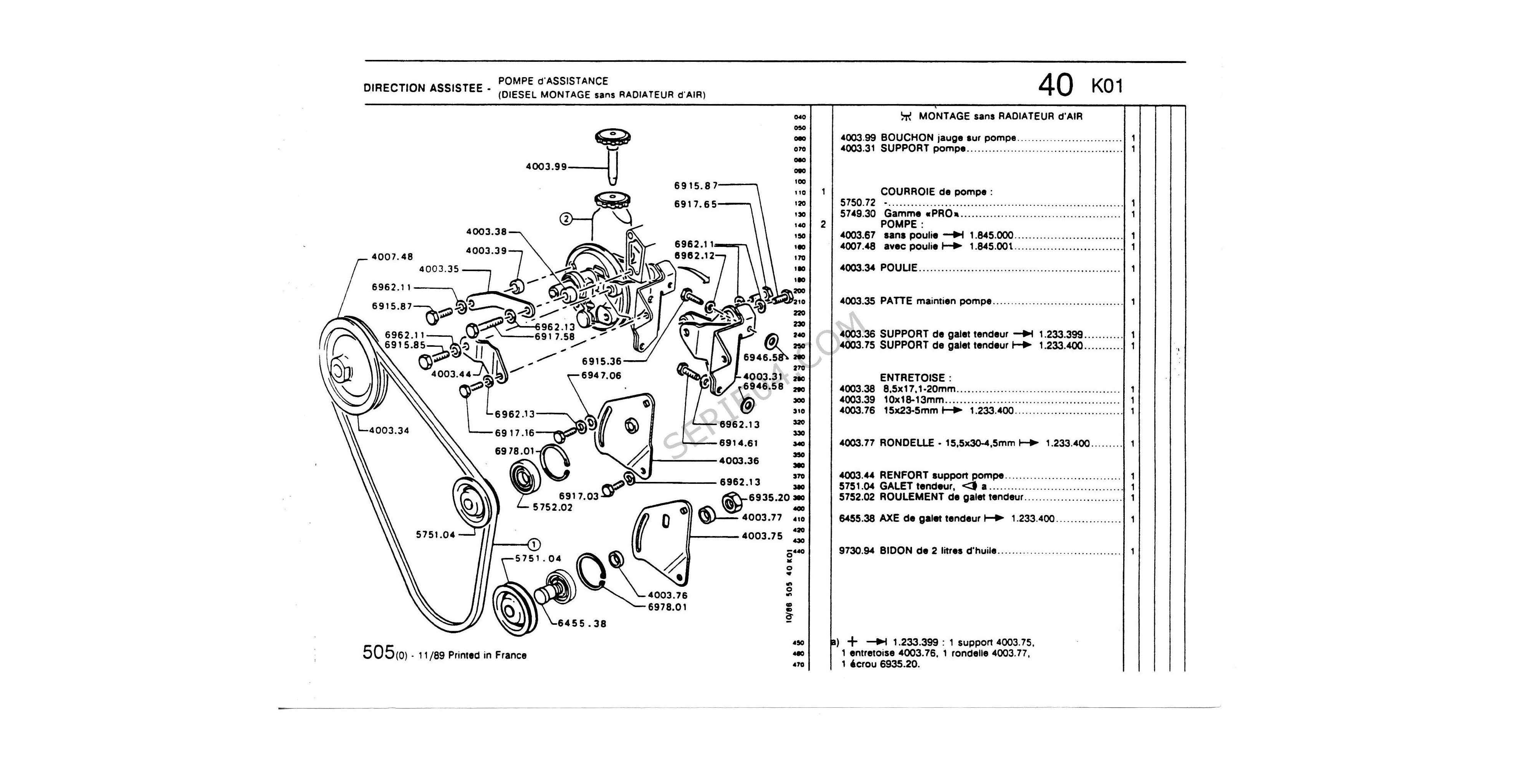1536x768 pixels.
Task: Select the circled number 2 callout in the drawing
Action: point(566,219)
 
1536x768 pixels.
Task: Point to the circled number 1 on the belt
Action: point(534,544)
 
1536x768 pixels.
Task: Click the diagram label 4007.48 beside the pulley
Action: point(392,257)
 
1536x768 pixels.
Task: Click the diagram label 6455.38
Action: point(582,624)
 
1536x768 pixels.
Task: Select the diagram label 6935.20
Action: point(769,497)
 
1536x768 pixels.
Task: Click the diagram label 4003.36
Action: point(739,461)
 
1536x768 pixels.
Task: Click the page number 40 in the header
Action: point(1055,86)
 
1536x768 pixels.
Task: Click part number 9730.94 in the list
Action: point(856,551)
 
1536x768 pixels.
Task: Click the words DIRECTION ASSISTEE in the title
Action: point(423,88)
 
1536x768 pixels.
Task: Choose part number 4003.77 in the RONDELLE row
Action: point(857,444)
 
